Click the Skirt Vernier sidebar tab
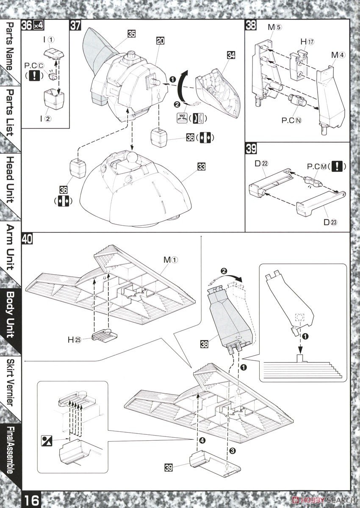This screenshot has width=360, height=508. pos(11,382)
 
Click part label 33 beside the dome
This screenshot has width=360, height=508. pos(201,166)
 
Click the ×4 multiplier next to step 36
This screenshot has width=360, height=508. pos(38,25)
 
